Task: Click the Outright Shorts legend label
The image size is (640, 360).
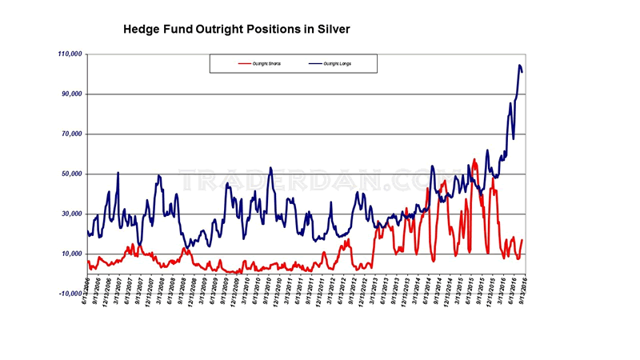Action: (x=268, y=63)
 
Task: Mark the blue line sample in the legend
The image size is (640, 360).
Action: (x=314, y=63)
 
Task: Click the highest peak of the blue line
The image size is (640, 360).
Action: (x=520, y=66)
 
